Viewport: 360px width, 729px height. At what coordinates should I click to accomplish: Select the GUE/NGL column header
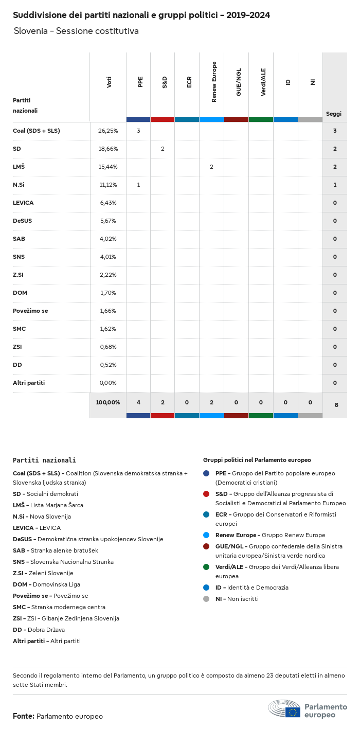tap(239, 82)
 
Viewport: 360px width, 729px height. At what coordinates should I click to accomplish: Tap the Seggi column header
tap(333, 114)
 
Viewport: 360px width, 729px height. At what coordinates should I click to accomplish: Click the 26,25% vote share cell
tap(108, 131)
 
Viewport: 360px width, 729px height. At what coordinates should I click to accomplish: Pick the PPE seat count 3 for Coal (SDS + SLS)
tap(138, 131)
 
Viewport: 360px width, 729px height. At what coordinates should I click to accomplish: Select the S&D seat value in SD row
tap(163, 149)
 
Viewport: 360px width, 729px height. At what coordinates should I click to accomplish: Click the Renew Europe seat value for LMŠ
tap(211, 167)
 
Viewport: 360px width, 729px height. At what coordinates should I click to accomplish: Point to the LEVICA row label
tap(23, 203)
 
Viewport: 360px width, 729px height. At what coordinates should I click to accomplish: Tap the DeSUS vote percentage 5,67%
tap(108, 221)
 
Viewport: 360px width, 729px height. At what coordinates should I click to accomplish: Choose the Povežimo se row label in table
tap(30, 311)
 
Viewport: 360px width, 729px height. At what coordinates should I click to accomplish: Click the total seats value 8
tap(336, 405)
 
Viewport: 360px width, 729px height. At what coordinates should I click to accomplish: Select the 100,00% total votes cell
tap(108, 402)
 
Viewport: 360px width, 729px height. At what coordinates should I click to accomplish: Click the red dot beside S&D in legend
tap(206, 494)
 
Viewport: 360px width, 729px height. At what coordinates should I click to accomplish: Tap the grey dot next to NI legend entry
tap(206, 599)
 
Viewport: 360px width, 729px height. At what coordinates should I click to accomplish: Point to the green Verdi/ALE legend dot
tap(206, 567)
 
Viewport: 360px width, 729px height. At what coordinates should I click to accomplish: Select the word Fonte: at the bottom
tap(24, 716)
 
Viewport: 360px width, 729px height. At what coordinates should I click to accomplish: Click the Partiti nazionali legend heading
tap(44, 460)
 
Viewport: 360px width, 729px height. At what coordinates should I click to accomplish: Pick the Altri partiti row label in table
tap(29, 383)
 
